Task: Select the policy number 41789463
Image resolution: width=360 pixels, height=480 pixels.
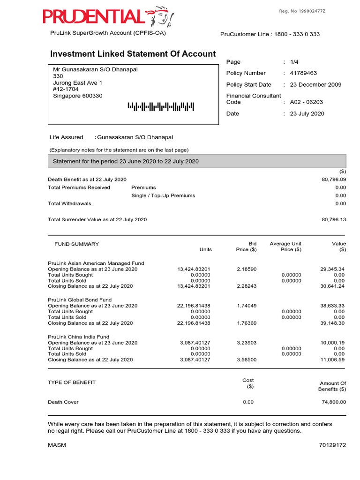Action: pyautogui.click(x=303, y=73)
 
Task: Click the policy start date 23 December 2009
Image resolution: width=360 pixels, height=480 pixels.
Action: pyautogui.click(x=316, y=85)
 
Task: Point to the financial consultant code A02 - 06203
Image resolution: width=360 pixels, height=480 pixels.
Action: pyautogui.click(x=307, y=102)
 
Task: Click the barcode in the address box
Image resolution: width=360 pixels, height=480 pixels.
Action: pyautogui.click(x=160, y=107)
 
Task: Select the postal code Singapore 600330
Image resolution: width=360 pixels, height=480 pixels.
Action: pyautogui.click(x=78, y=96)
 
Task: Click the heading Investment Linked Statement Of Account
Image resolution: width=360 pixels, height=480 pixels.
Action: pyautogui.click(x=133, y=54)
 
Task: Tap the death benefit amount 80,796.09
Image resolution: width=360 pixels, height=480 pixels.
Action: pyautogui.click(x=334, y=180)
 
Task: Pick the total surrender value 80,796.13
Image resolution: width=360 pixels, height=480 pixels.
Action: pyautogui.click(x=334, y=219)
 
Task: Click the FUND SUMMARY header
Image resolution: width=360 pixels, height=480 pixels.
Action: pyautogui.click(x=77, y=244)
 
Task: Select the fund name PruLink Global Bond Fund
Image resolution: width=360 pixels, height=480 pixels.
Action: pyautogui.click(x=80, y=300)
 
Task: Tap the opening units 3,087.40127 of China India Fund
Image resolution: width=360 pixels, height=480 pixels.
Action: pyautogui.click(x=195, y=343)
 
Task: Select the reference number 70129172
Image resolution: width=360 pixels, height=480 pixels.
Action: pyautogui.click(x=332, y=445)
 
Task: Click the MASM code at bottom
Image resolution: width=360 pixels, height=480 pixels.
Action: pyautogui.click(x=57, y=445)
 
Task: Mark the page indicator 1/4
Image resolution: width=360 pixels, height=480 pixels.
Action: pyautogui.click(x=294, y=62)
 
